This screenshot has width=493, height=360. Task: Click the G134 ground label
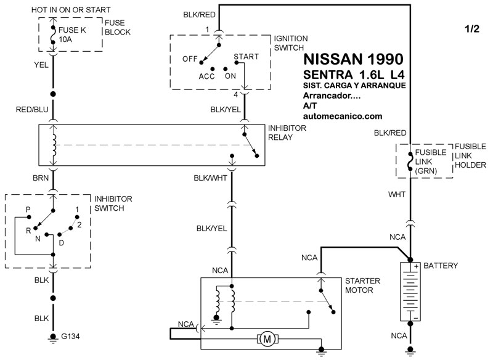click(x=70, y=337)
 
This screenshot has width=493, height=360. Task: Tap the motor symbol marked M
click(x=267, y=338)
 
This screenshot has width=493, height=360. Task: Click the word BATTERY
click(x=441, y=266)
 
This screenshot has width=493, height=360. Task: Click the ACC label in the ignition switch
click(x=206, y=76)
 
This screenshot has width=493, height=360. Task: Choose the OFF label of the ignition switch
click(x=189, y=59)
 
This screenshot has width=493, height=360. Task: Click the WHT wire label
click(x=396, y=194)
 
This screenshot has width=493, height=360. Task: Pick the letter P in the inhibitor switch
click(x=28, y=209)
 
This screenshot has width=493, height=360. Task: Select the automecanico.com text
click(x=343, y=116)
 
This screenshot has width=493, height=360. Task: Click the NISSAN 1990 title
click(x=354, y=60)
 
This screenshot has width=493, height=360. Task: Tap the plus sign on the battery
click(x=417, y=266)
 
